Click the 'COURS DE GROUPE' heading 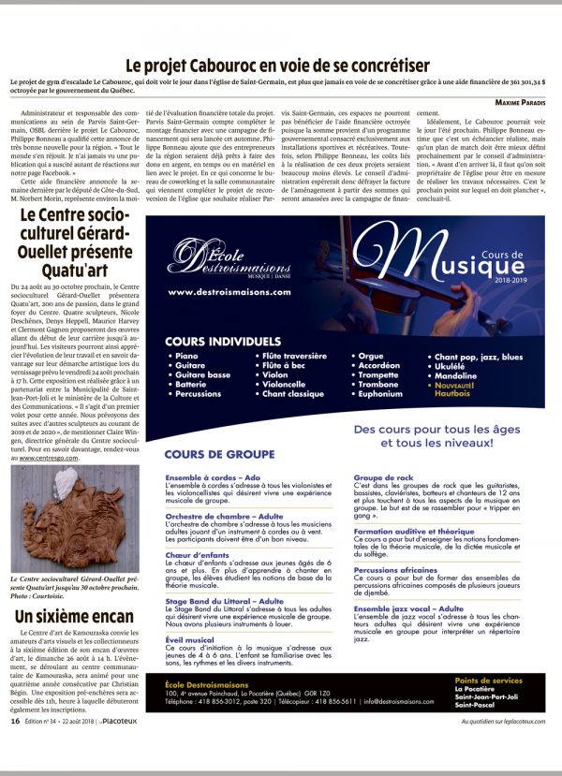(213, 454)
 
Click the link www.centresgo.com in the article (52, 458)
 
